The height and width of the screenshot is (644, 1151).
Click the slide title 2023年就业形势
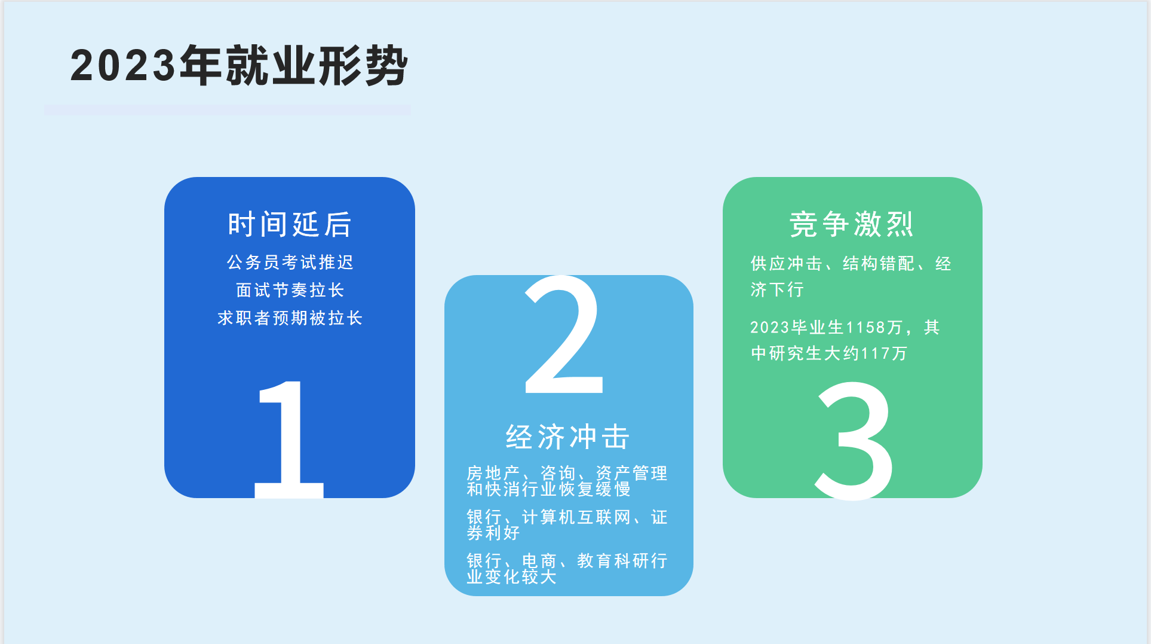pyautogui.click(x=239, y=65)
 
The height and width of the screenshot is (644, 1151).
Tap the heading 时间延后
pyautogui.click(x=290, y=224)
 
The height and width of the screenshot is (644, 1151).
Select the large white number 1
pyautogui.click(x=289, y=439)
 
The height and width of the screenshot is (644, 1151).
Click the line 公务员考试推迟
pyautogui.click(x=290, y=262)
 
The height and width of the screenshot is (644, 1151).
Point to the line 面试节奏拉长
pyautogui.click(x=290, y=290)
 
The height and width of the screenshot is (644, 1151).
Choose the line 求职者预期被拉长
pyautogui.click(x=290, y=318)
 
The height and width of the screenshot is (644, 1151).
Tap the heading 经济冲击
pyautogui.click(x=567, y=437)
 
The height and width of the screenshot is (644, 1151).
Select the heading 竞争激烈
pyautogui.click(x=851, y=224)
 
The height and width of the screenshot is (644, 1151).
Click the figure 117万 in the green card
pyautogui.click(x=883, y=353)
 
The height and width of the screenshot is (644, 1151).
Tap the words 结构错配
pyautogui.click(x=879, y=263)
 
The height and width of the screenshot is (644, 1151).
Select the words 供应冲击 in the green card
pyautogui.click(x=786, y=263)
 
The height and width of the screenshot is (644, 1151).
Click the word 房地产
pyautogui.click(x=493, y=473)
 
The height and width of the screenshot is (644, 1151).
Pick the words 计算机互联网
pyautogui.click(x=576, y=517)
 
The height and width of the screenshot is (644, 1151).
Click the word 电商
pyautogui.click(x=539, y=560)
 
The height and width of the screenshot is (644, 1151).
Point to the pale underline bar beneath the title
pyautogui.click(x=227, y=110)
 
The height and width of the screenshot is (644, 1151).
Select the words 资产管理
pyautogui.click(x=631, y=473)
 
